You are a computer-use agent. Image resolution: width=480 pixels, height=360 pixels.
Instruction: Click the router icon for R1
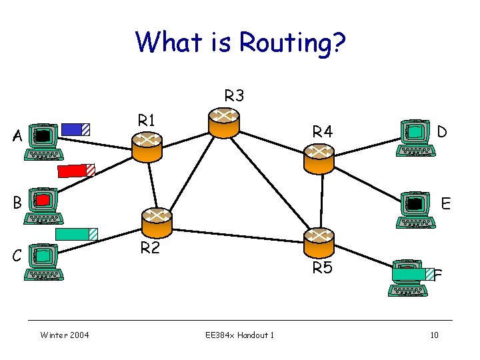[147, 147]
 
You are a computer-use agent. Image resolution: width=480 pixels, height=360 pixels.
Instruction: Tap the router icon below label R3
[223, 123]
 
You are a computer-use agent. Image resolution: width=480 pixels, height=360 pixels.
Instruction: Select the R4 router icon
[318, 158]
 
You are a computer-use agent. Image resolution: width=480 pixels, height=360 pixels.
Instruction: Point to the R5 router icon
[319, 241]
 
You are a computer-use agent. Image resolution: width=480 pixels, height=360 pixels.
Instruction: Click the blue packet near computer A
[75, 129]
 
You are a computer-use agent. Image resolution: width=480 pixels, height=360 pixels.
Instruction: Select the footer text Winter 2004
[65, 335]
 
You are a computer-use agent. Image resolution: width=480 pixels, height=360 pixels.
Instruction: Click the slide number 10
[434, 335]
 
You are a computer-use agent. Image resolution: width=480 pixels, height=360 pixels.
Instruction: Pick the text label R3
[234, 96]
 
